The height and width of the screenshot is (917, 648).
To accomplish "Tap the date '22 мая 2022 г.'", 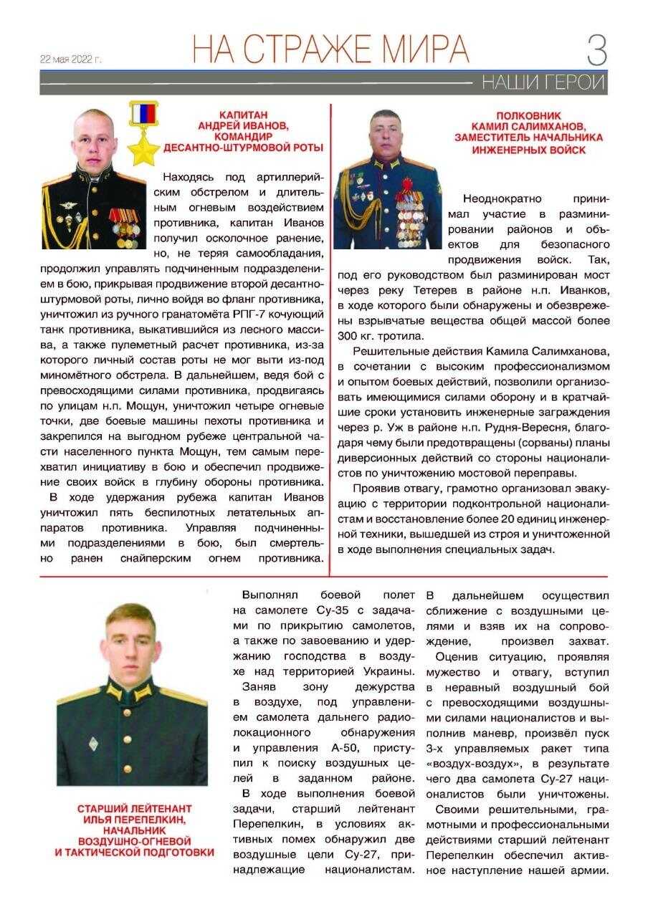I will click(71, 59).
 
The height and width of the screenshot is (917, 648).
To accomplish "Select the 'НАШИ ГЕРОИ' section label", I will click(543, 82).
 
